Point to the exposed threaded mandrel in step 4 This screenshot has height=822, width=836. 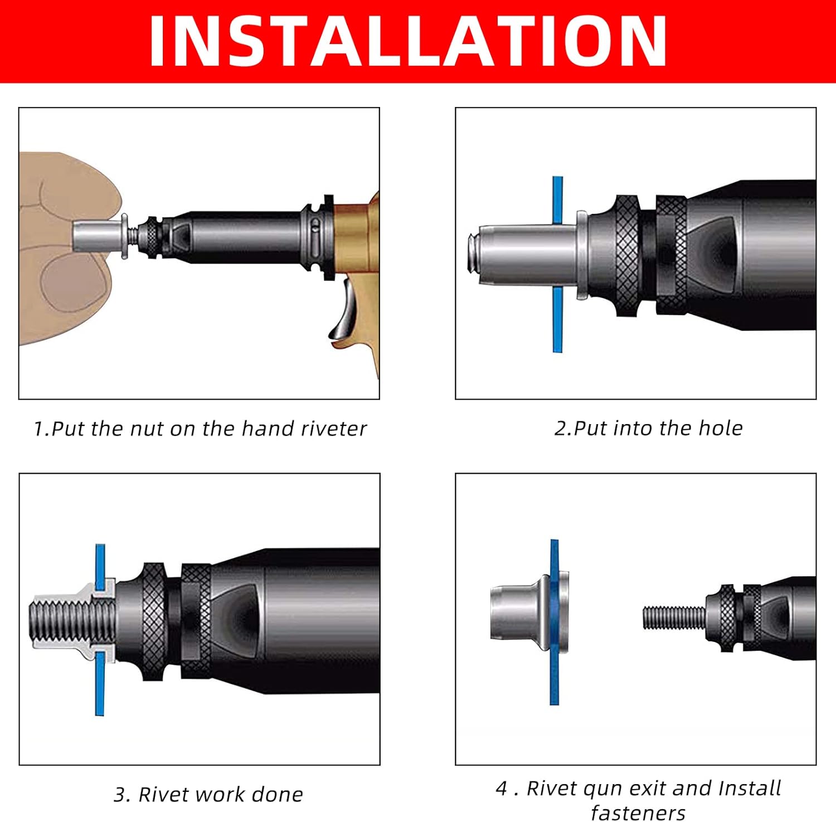[674, 617]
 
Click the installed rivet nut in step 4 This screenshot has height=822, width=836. [529, 612]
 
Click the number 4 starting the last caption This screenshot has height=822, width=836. [501, 789]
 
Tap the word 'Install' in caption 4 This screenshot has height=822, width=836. [750, 788]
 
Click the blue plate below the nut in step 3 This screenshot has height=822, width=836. [100, 684]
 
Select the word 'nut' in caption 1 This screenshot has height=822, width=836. [147, 429]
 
